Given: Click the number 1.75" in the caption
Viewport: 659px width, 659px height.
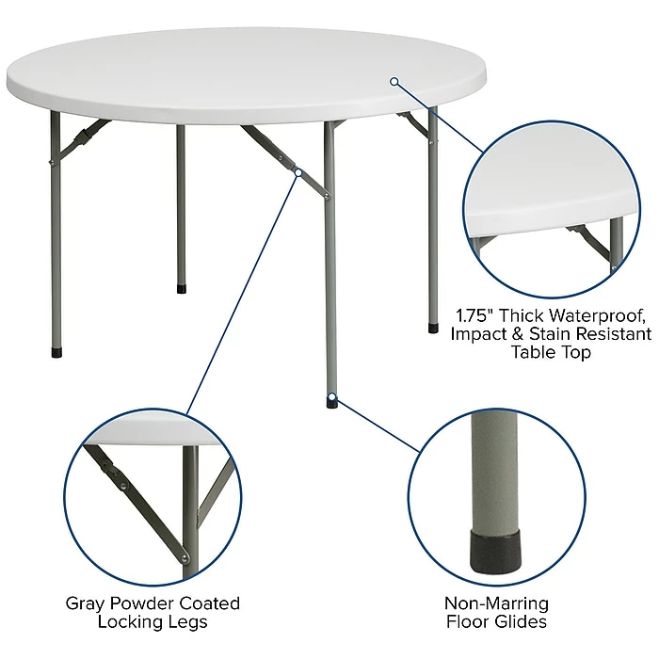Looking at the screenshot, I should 477,314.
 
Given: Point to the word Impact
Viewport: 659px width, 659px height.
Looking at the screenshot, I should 477,333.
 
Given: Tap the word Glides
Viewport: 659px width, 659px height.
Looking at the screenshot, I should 523,622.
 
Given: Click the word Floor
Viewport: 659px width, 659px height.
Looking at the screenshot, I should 473,622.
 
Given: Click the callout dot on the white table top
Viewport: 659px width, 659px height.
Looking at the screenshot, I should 394,81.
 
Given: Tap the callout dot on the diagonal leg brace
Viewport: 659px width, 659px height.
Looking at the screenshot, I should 297,173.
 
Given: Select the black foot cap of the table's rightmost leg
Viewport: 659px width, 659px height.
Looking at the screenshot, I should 433,329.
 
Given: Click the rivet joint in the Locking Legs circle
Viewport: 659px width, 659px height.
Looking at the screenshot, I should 123,485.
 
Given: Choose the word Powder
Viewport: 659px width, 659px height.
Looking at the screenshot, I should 145,603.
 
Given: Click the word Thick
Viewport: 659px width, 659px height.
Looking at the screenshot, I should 531,314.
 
